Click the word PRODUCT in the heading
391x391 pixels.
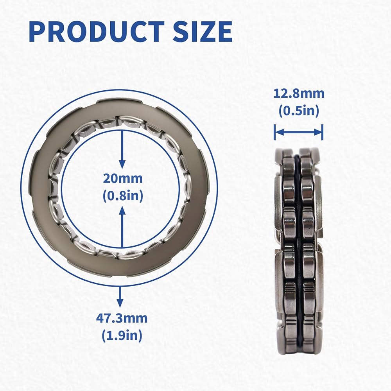pyautogui.click(x=97, y=31)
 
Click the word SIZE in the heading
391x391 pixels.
pyautogui.click(x=203, y=31)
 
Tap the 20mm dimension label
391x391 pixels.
pyautogui.click(x=123, y=179)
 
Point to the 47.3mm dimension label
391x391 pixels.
pyautogui.click(x=122, y=318)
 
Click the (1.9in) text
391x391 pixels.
pyautogui.click(x=122, y=335)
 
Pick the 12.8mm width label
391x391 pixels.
pyautogui.click(x=299, y=94)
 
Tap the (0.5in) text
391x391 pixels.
pyautogui.click(x=299, y=111)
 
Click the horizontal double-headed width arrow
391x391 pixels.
pyautogui.click(x=298, y=132)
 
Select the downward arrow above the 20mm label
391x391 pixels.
pyautogui.click(x=122, y=150)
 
